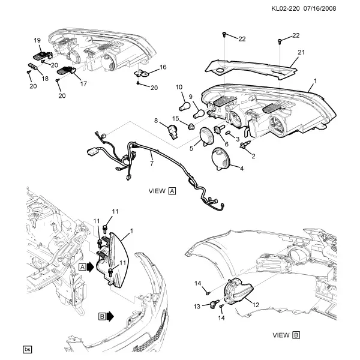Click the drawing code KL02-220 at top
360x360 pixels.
(x=286, y=9)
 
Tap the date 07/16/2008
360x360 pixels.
(x=320, y=9)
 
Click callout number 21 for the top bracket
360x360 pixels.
(x=301, y=52)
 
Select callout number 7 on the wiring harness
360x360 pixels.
(x=152, y=163)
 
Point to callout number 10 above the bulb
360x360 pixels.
(x=179, y=87)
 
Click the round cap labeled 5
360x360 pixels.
(x=207, y=137)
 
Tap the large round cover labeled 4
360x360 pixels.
(x=221, y=159)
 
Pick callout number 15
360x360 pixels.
(x=176, y=118)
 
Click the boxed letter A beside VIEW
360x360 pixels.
(x=172, y=191)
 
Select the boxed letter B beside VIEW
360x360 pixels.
(x=296, y=335)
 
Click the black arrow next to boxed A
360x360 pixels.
(x=91, y=267)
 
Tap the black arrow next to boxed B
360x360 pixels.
(x=110, y=317)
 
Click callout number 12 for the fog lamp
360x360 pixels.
(x=256, y=305)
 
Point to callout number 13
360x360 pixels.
(x=197, y=307)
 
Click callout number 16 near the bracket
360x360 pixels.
(x=163, y=67)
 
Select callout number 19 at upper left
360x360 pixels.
(x=37, y=40)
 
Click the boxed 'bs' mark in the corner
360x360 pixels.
(x=28, y=350)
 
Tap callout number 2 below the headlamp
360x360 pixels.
(x=253, y=156)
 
